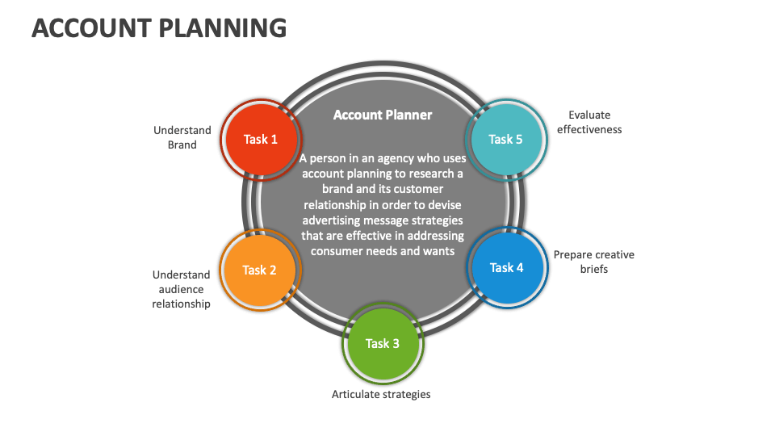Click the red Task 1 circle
click(261, 139)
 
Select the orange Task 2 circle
click(260, 270)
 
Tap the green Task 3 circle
click(383, 343)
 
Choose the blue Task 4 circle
click(507, 267)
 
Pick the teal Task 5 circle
click(506, 139)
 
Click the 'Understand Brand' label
click(182, 137)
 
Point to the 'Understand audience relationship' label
click(182, 289)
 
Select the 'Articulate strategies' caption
click(381, 394)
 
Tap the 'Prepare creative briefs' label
click(593, 262)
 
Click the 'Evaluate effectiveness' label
click(589, 122)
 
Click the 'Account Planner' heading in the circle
click(383, 115)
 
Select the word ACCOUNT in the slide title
click(89, 28)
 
